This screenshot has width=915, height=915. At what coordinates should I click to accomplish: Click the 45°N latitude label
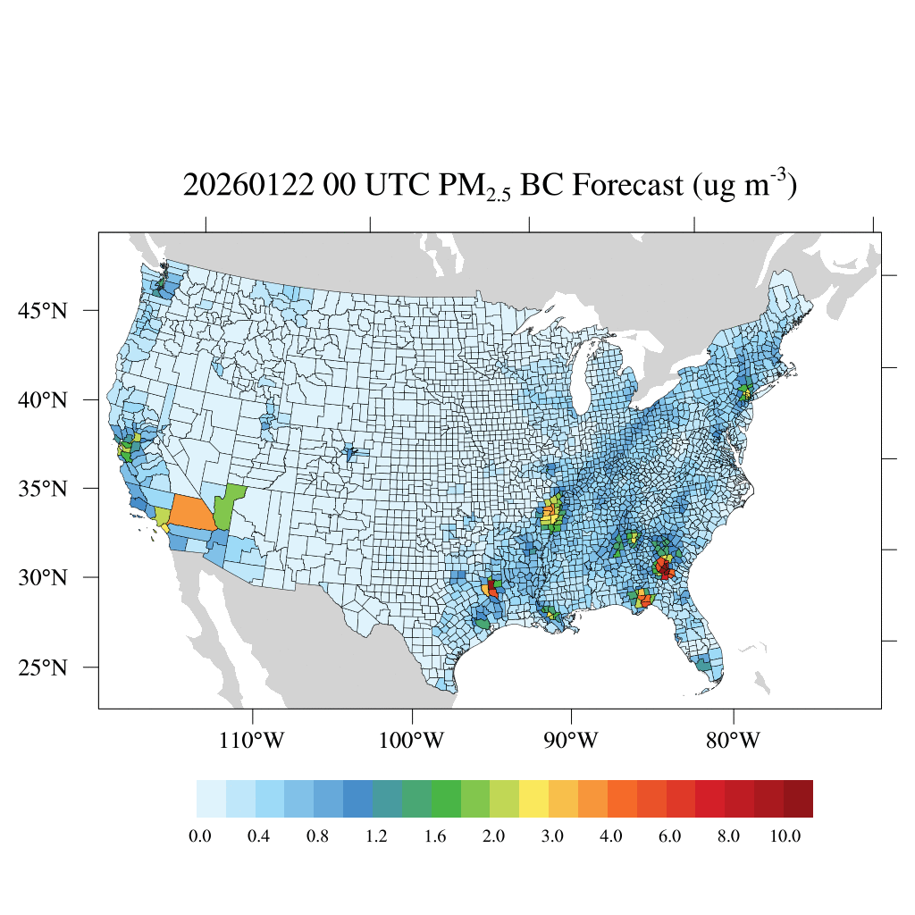coord(43,311)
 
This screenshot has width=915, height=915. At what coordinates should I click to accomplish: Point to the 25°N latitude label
coord(43,667)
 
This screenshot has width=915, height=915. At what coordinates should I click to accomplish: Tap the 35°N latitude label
coord(43,489)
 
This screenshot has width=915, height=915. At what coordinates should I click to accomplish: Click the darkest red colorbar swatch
coord(798,799)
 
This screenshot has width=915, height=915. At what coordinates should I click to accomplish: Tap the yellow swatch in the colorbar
coord(533,799)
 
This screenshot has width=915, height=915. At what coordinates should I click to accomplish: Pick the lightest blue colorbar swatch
coord(211,799)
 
